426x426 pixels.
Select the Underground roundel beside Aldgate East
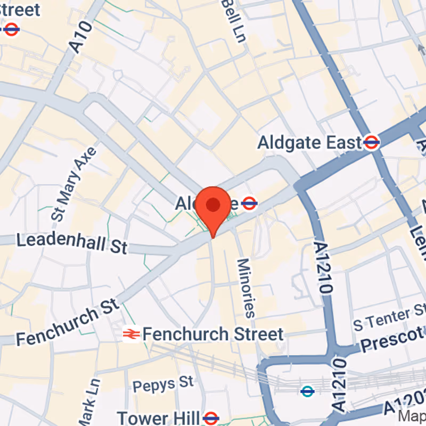(372, 142)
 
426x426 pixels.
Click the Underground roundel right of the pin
(249, 202)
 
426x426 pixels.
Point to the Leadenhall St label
(72, 243)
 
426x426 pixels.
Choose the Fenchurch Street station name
(213, 334)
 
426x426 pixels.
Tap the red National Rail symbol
(131, 334)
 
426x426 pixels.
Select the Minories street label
(246, 288)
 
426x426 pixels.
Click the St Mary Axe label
(74, 184)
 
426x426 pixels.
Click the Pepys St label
(163, 383)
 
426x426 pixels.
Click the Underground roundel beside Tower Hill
(211, 417)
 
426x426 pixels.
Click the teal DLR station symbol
(307, 391)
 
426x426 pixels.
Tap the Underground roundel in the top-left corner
(11, 29)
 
